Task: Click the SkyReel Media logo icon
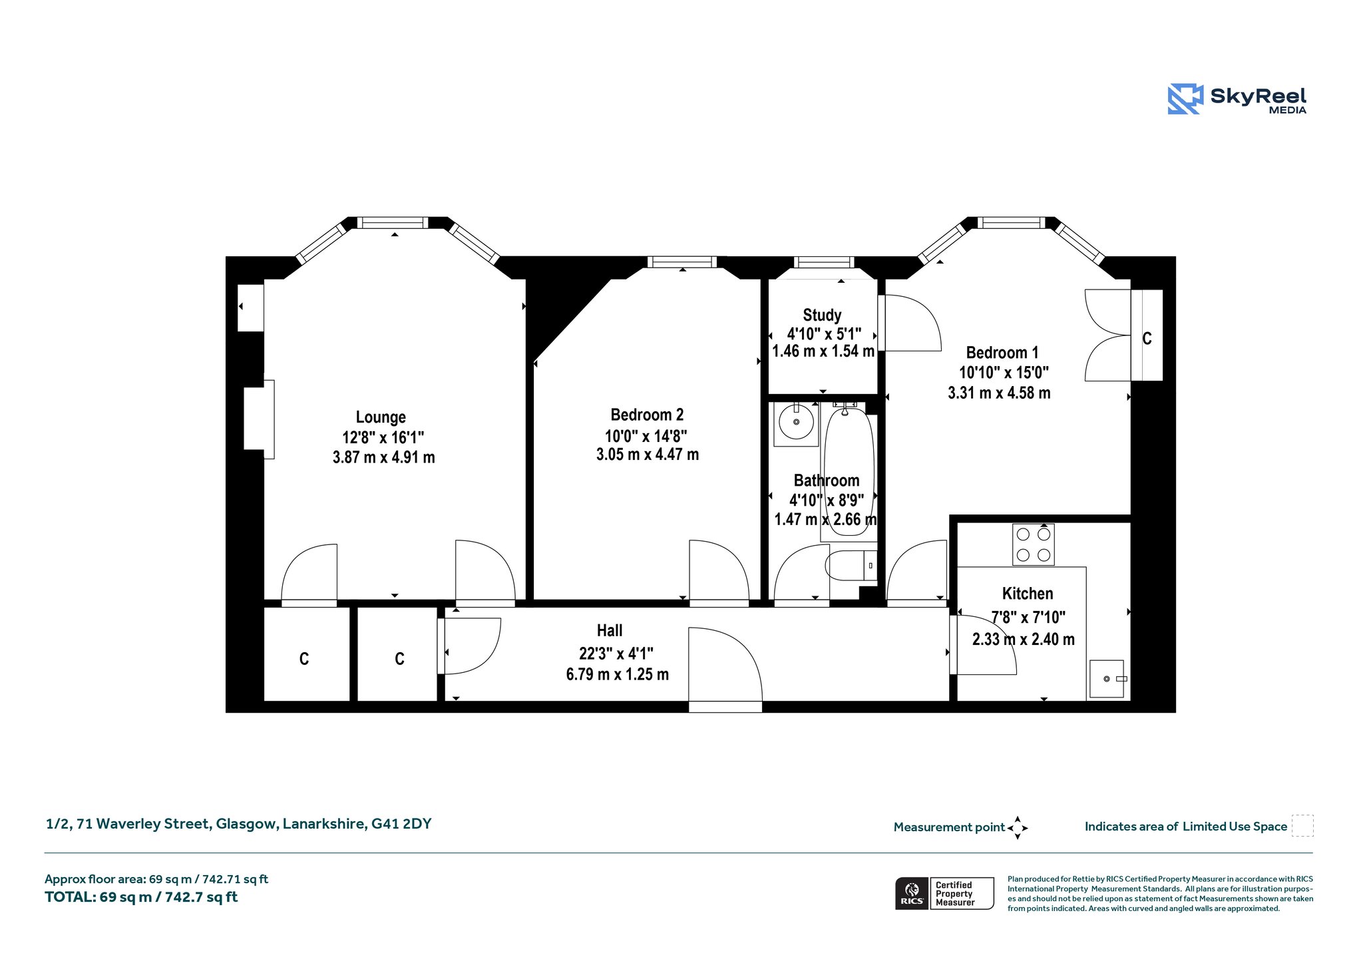[x=1185, y=99]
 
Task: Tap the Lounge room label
[x=381, y=417]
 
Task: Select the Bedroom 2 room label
[x=647, y=415]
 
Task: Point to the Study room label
[x=822, y=315]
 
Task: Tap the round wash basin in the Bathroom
[x=796, y=424]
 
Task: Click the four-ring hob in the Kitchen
[x=1034, y=544]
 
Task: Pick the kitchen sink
[x=1106, y=679]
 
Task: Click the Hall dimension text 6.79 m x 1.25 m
[x=618, y=674]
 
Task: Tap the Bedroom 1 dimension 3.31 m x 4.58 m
[x=999, y=393]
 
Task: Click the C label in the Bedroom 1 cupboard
[x=1147, y=339]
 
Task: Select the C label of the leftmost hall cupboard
[x=304, y=659]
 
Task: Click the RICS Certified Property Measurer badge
[x=944, y=893]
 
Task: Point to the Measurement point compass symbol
[x=1018, y=828]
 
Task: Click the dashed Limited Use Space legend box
[x=1302, y=825]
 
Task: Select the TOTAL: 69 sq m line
[x=141, y=897]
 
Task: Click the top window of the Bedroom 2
[x=682, y=262]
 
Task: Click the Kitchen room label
[x=1028, y=594]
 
